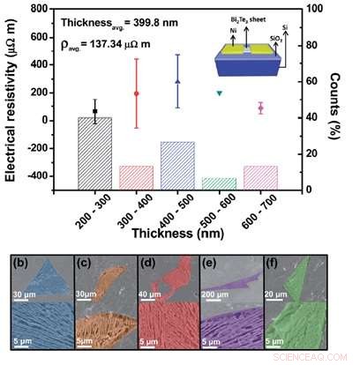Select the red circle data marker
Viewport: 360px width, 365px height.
click(x=136, y=93)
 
